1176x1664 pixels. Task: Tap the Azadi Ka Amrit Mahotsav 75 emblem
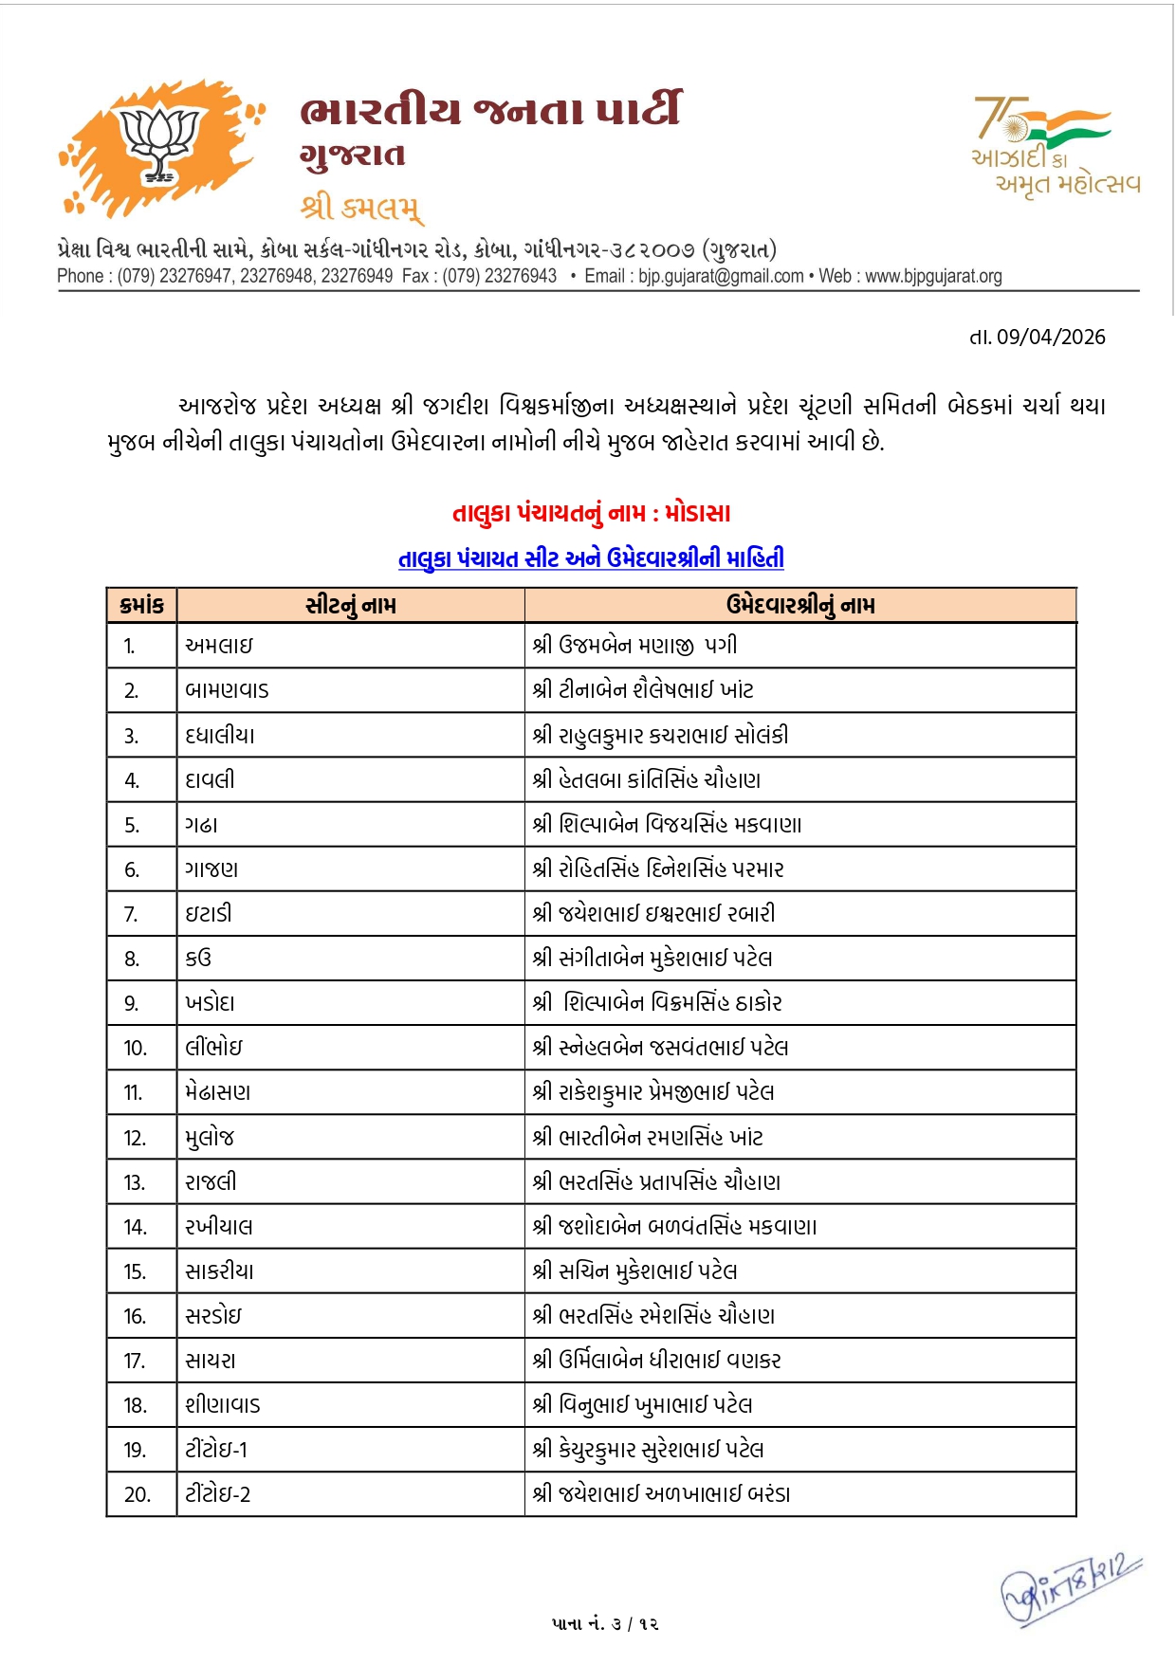[x=1055, y=145]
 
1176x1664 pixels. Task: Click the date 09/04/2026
[x=1050, y=338]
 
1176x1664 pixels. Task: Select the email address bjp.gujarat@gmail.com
[x=721, y=276]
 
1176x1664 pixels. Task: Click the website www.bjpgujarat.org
[x=933, y=276]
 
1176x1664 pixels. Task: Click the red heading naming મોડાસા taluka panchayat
[x=591, y=514]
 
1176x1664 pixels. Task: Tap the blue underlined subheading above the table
[x=591, y=558]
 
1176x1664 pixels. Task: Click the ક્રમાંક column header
[x=142, y=605]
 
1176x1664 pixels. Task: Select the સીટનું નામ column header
[x=351, y=605]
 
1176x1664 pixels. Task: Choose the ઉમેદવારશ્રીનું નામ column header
[x=800, y=605]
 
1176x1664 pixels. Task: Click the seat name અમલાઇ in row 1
[x=219, y=646]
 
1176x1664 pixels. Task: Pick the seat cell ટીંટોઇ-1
[x=216, y=1450]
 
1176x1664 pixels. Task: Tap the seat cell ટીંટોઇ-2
[x=217, y=1494]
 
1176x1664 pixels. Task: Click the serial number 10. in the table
[x=136, y=1048]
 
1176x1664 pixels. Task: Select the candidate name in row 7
[x=653, y=914]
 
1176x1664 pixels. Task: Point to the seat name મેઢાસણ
[x=218, y=1092]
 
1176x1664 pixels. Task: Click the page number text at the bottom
[x=605, y=1624]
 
